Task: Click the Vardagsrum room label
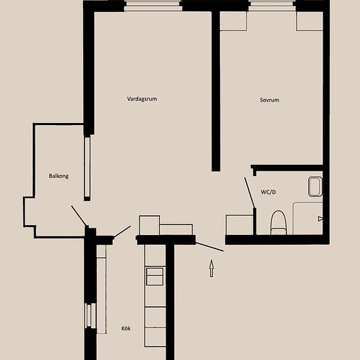coord(142,99)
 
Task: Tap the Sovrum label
coord(270,100)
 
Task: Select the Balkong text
coord(59,176)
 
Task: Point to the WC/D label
coord(268,192)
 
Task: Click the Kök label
coord(126,329)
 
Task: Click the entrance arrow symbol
coord(211,268)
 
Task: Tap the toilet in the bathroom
coord(278,223)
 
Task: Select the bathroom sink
coord(315,187)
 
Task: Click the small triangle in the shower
coord(320,219)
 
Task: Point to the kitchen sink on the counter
coord(154,276)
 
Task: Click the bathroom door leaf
coord(249,192)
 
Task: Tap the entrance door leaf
coord(209,247)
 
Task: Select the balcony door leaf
coord(79,215)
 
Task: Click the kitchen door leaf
coord(122,232)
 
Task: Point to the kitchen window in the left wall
coord(90,315)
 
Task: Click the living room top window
coord(153,6)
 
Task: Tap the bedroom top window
coord(272,6)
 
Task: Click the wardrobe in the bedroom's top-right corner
coord(310,21)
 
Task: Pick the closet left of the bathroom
coord(240,225)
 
